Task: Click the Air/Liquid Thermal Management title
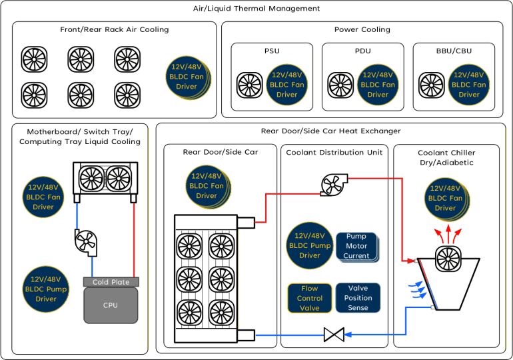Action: (x=256, y=9)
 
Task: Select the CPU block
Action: (x=110, y=305)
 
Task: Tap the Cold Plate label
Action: (x=111, y=282)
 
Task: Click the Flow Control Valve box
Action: (x=310, y=298)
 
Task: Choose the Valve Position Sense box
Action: (x=358, y=298)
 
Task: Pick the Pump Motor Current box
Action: (x=356, y=246)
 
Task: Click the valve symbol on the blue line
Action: (x=333, y=334)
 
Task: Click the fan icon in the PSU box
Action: (x=249, y=85)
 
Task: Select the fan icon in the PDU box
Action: (x=340, y=85)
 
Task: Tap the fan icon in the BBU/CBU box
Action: (x=431, y=85)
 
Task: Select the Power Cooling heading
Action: (x=362, y=29)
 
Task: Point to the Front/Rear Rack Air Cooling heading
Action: (x=115, y=29)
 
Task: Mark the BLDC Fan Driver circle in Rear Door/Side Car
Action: (x=207, y=186)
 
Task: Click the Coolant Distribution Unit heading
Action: (x=334, y=152)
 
